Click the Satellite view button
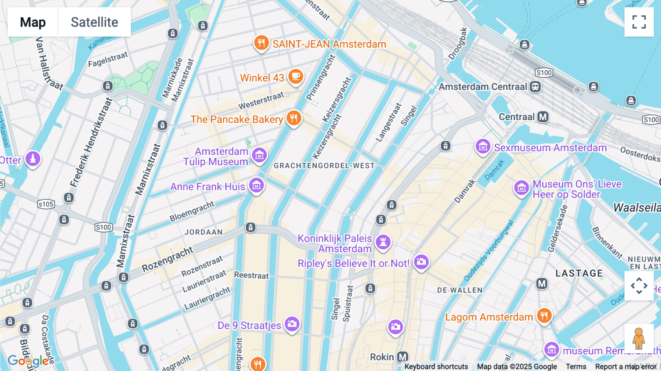point(94,22)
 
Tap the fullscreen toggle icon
point(639,22)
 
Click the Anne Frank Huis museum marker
point(256,185)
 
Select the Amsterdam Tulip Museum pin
point(259,155)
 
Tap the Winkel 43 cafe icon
point(295,76)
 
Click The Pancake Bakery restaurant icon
point(293,118)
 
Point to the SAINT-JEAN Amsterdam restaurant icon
point(261,43)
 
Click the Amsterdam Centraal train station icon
point(535,87)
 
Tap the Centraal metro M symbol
point(543,117)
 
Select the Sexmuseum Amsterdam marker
point(483,147)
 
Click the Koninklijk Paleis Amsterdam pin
point(383,242)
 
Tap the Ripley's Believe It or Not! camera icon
point(421,262)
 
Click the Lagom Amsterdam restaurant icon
point(544,316)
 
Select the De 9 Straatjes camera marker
point(292,324)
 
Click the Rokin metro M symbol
point(403,357)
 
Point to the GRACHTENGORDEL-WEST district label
point(324,166)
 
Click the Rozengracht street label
point(167,259)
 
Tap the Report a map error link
point(626,367)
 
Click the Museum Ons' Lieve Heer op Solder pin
point(521,188)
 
